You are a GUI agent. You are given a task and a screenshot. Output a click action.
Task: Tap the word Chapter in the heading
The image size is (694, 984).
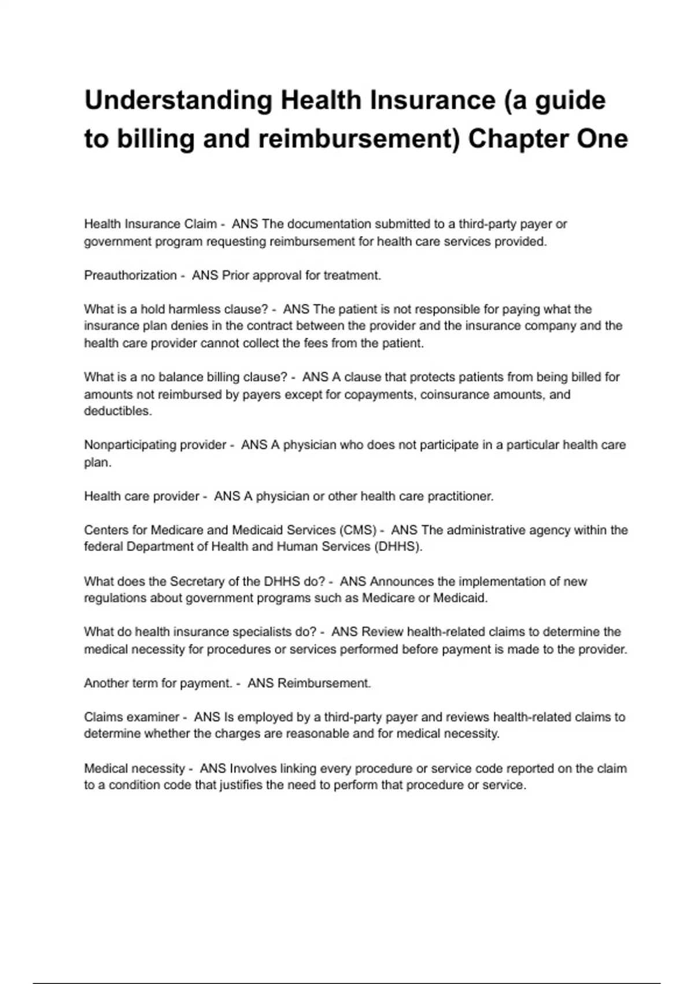tap(516, 139)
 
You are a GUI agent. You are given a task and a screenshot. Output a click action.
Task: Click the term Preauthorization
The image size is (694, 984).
tap(130, 276)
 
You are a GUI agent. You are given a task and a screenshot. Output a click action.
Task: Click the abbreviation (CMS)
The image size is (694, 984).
tap(359, 530)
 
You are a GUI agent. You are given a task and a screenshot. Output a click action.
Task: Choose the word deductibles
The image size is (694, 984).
tap(117, 412)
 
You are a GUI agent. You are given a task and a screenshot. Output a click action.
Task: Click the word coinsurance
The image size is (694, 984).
tap(453, 395)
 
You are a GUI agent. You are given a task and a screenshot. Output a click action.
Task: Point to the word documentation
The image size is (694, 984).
tap(329, 224)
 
